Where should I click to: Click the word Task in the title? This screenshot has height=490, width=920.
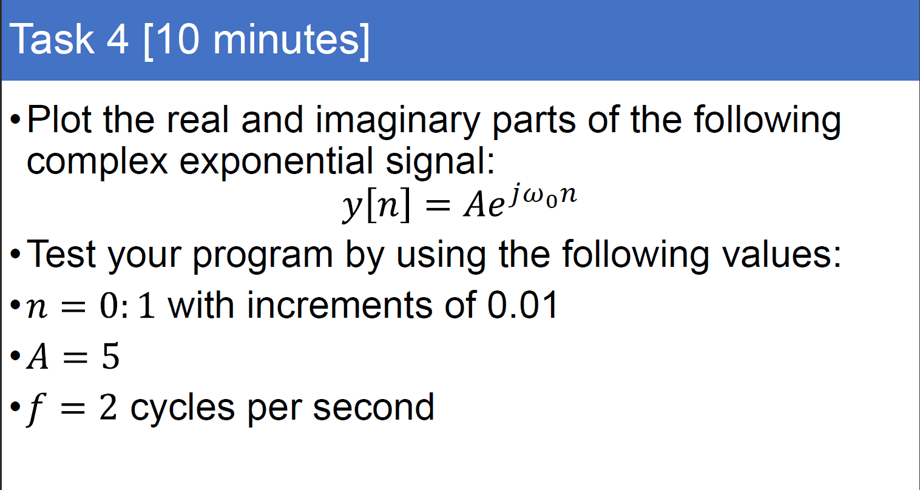pos(52,39)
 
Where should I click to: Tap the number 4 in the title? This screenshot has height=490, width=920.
pos(118,39)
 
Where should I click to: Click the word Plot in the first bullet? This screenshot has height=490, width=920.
pos(59,119)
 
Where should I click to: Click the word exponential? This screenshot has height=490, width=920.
pos(276,163)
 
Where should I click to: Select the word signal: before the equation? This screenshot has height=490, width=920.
pos(441,163)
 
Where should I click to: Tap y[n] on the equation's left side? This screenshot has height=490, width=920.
pos(376,205)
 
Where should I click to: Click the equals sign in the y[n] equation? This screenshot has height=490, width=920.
pos(438,205)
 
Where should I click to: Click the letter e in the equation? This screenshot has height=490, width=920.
pos(495,206)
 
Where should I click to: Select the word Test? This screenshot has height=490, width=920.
pos(61,254)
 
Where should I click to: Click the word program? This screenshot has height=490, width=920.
pos(262,257)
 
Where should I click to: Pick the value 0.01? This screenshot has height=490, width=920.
pos(523,304)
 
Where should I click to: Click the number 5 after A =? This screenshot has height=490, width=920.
pos(110,356)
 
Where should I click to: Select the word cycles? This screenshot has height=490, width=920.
pos(182,409)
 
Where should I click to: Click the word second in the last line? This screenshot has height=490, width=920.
pos(373,407)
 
